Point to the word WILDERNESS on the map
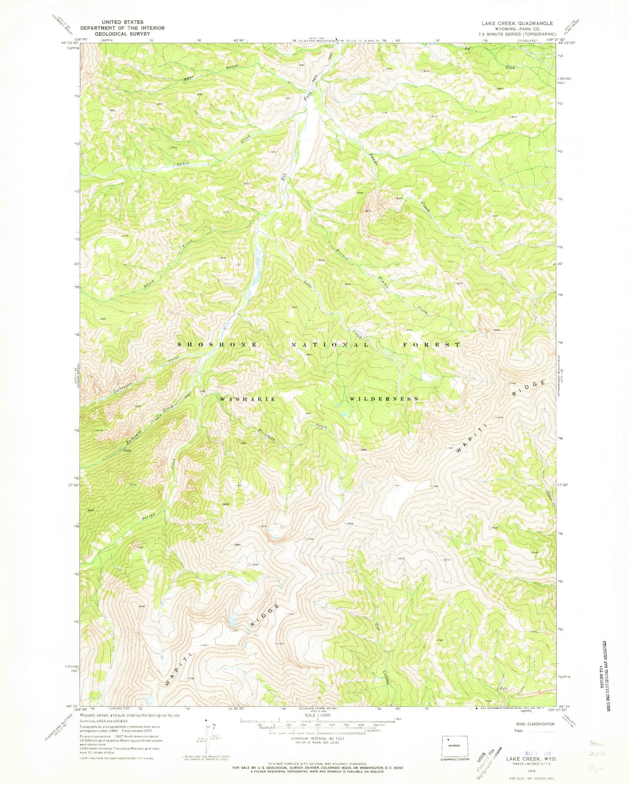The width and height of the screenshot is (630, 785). [384, 399]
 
